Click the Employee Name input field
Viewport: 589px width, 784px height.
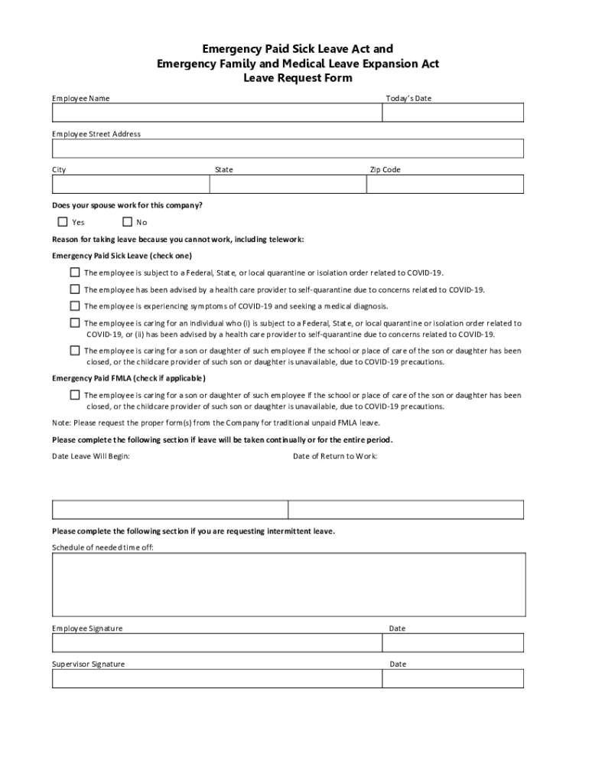tap(216, 113)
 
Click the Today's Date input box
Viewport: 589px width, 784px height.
tap(453, 113)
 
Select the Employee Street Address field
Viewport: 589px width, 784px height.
tap(288, 148)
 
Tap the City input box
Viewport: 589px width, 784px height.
tap(130, 184)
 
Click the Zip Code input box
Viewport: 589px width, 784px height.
tap(445, 184)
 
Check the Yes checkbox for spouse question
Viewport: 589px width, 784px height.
tap(63, 222)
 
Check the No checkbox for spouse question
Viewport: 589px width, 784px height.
tap(127, 222)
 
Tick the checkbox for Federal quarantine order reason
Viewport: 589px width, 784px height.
tap(75, 272)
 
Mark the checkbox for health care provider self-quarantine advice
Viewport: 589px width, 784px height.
tap(75, 289)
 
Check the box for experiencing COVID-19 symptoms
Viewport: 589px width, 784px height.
tap(75, 305)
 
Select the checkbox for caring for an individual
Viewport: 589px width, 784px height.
tap(75, 323)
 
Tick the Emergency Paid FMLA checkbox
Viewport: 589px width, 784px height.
tap(75, 395)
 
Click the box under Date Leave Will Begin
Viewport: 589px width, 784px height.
tap(170, 510)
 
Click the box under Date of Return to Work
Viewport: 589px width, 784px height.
tap(406, 510)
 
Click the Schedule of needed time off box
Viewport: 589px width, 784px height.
tap(288, 584)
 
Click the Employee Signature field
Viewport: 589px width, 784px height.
tap(216, 642)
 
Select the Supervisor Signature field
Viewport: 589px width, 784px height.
tap(216, 678)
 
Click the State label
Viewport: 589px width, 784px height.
tap(224, 170)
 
